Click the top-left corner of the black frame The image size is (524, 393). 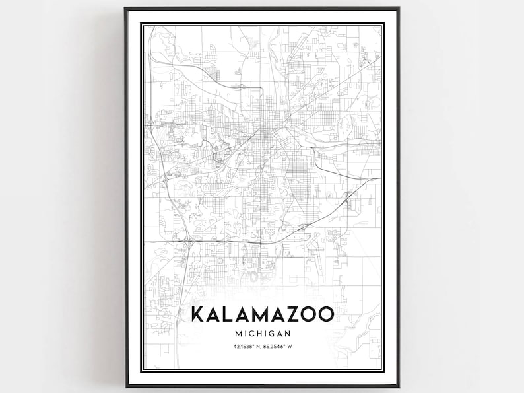[125, 9]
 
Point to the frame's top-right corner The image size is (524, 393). [399, 9]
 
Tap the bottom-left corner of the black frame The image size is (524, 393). [125, 385]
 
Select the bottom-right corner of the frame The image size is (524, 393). [399, 385]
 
